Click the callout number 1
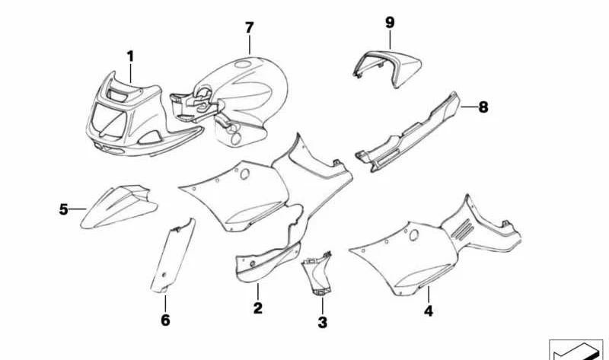tap(130, 56)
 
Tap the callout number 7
tap(250, 27)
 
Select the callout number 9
tap(390, 22)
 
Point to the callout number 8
tap(483, 107)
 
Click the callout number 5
tap(63, 209)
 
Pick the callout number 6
tap(165, 320)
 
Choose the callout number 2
tap(257, 308)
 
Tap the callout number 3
tap(322, 322)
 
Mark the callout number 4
tap(428, 311)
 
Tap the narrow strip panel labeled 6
tap(173, 256)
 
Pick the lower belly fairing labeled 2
tap(268, 261)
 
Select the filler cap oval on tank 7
tap(243, 63)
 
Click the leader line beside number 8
tap(469, 107)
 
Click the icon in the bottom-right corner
tap(576, 349)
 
